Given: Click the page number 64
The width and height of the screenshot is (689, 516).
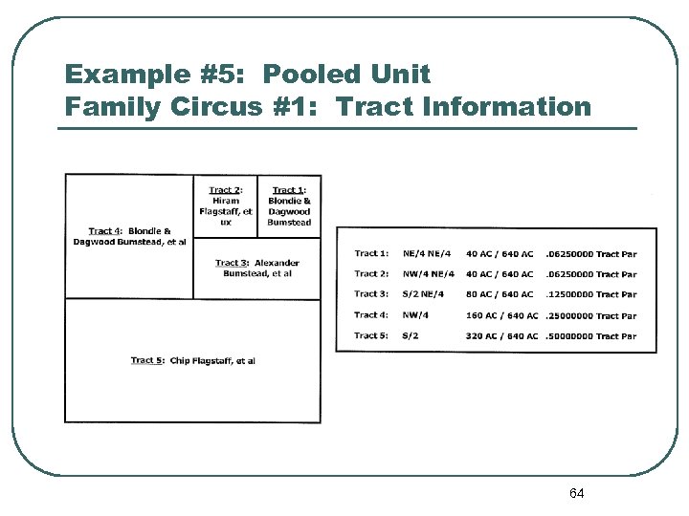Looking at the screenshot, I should pyautogui.click(x=576, y=493).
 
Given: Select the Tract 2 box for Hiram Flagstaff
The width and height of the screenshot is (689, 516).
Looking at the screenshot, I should pyautogui.click(x=226, y=206).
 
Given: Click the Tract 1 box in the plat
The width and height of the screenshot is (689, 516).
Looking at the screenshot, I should pyautogui.click(x=289, y=206).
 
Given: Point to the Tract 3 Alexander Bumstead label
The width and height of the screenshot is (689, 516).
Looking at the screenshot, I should pyautogui.click(x=257, y=269).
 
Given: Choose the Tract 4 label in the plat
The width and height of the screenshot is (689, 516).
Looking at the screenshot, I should pyautogui.click(x=129, y=236).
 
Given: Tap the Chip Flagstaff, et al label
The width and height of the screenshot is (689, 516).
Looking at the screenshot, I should pyautogui.click(x=193, y=360).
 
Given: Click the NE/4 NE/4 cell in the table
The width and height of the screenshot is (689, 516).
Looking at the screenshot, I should pyautogui.click(x=429, y=253).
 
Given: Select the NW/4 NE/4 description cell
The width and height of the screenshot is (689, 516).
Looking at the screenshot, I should pyautogui.click(x=429, y=274).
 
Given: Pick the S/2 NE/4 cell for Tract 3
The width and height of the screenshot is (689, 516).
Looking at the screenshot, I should pyautogui.click(x=424, y=294).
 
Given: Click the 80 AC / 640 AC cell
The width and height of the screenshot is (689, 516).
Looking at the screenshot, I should pyautogui.click(x=500, y=294).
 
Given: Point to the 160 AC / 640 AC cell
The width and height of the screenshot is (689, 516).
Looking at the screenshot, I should pyautogui.click(x=502, y=315).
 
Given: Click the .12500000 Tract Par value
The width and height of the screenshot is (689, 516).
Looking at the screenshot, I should pyautogui.click(x=590, y=294).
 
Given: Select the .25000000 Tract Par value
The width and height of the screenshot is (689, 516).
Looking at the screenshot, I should pyautogui.click(x=590, y=315).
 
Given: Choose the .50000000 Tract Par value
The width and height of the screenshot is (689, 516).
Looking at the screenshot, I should pyautogui.click(x=590, y=335).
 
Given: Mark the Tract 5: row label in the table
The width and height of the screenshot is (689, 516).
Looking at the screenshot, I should pyautogui.click(x=371, y=335).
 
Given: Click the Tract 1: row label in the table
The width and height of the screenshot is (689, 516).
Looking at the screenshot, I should pyautogui.click(x=371, y=253).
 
